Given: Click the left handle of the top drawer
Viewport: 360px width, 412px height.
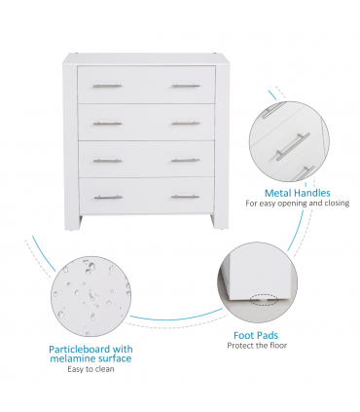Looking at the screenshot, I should click(107, 86).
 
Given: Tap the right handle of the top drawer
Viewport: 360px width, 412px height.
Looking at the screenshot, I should click(185, 86).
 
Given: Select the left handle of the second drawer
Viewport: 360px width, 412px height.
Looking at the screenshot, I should click(107, 123).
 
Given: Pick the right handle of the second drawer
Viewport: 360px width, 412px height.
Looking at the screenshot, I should click(185, 123).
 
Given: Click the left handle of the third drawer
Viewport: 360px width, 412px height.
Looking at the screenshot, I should click(107, 160).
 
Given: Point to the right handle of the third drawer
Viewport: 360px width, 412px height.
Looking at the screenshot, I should click(185, 160).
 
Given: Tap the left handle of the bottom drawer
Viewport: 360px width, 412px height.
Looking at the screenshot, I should click(107, 197).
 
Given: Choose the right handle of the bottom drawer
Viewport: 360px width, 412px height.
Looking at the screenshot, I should click(185, 197).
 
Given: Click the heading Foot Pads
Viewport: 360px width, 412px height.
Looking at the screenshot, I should click(258, 334).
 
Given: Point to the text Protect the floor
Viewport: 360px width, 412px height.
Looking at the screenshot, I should click(258, 346).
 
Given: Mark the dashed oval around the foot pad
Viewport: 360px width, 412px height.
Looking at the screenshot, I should click(264, 299).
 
